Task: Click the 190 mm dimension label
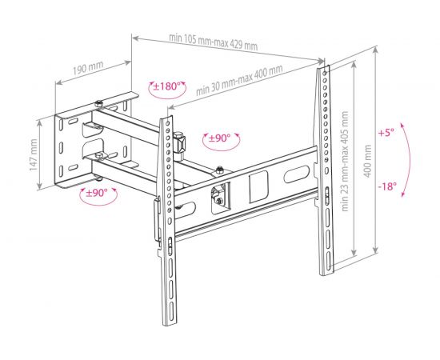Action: point(88,68)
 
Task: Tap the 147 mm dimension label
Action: point(34,154)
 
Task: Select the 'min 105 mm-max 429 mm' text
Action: point(214,42)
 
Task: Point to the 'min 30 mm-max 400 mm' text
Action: point(239,79)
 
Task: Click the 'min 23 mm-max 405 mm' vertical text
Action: point(345,162)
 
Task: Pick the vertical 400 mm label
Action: point(367,162)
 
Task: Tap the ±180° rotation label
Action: point(166,86)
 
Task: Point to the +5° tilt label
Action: point(386,132)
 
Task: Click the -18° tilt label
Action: point(387,186)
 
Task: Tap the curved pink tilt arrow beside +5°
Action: point(409,160)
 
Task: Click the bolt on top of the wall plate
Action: point(98,104)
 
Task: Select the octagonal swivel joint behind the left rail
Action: point(179,143)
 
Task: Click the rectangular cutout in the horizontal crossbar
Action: point(258,186)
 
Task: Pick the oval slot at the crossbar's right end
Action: point(297,174)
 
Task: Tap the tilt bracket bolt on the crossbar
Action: point(219,200)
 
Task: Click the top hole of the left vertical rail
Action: point(168,123)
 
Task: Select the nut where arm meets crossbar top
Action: point(219,170)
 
